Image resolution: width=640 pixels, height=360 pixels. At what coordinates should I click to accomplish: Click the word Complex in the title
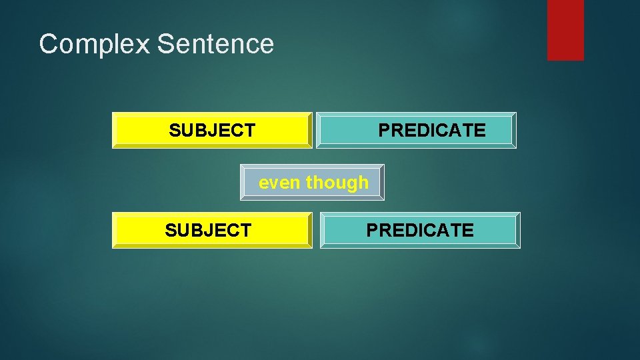pyautogui.click(x=95, y=45)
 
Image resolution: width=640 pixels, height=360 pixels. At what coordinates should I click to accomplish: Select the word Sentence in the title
pyautogui.click(x=216, y=45)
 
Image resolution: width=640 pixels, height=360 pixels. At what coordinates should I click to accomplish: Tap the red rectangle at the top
pyautogui.click(x=565, y=29)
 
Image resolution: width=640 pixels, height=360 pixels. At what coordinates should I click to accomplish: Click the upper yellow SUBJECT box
pyautogui.click(x=212, y=130)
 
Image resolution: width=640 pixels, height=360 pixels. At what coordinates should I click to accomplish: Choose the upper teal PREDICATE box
pyautogui.click(x=416, y=130)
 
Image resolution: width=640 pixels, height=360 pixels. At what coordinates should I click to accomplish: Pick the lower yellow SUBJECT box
pyautogui.click(x=212, y=230)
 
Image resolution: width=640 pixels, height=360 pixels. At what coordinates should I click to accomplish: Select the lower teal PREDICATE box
pyautogui.click(x=420, y=230)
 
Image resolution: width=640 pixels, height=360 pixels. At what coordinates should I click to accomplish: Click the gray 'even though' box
pyautogui.click(x=312, y=182)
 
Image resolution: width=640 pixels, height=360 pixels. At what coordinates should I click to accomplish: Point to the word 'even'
pyautogui.click(x=279, y=182)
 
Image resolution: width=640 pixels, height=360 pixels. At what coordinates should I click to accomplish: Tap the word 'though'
pyautogui.click(x=337, y=182)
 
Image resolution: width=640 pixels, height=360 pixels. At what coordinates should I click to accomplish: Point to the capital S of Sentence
pyautogui.click(x=165, y=45)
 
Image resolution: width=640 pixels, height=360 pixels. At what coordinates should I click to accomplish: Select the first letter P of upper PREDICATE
pyautogui.click(x=385, y=131)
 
